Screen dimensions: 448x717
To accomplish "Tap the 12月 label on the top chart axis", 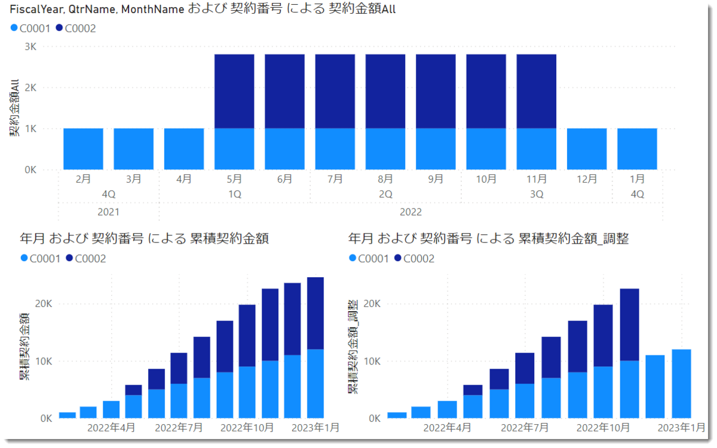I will pyautogui.click(x=587, y=179).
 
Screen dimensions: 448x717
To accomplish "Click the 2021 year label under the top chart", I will pyautogui.click(x=109, y=212).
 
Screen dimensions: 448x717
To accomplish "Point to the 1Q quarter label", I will pyautogui.click(x=235, y=194).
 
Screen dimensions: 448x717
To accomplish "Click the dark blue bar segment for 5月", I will pyautogui.click(x=235, y=91).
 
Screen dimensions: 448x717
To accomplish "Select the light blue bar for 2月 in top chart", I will pyautogui.click(x=84, y=149).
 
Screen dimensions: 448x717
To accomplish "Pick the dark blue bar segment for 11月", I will pyautogui.click(x=537, y=91).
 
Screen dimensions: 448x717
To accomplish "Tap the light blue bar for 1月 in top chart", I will pyautogui.click(x=637, y=149).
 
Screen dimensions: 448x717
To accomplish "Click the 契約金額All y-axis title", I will pyautogui.click(x=14, y=111).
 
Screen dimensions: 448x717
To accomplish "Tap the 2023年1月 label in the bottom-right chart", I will pyautogui.click(x=681, y=428).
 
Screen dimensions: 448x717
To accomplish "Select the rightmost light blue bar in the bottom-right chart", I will pyautogui.click(x=681, y=383).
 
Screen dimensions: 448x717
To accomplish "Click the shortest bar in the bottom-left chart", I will pyautogui.click(x=68, y=415).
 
